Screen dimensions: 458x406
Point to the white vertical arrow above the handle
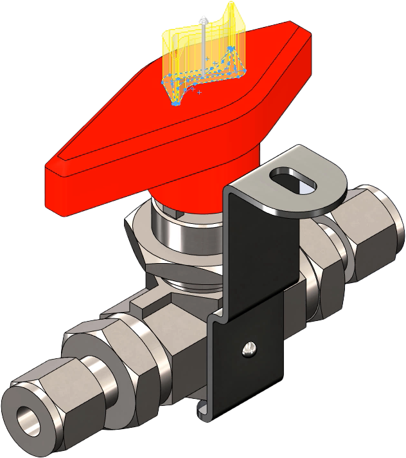[203, 39]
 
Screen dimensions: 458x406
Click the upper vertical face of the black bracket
[254, 257]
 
